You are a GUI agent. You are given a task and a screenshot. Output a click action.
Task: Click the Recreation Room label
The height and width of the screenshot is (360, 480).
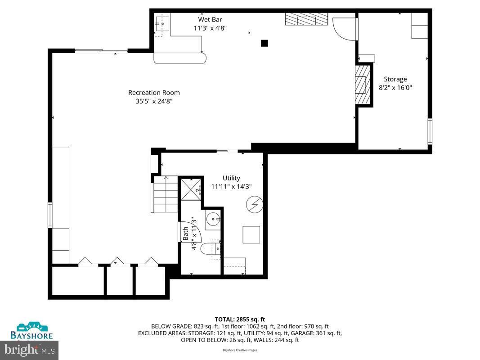154,93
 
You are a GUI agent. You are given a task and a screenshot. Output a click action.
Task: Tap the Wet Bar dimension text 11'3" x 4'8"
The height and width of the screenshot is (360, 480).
210,28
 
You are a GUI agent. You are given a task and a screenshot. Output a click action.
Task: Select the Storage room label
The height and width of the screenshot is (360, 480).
395,79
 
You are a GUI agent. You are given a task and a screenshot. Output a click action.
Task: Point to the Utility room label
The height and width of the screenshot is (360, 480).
231,178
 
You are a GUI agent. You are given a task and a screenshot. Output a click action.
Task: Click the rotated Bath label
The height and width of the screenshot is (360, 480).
185,234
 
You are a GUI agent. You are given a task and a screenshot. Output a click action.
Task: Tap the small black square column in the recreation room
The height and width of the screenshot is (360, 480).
265,43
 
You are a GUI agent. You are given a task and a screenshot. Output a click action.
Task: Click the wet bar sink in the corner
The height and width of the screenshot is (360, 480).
162,22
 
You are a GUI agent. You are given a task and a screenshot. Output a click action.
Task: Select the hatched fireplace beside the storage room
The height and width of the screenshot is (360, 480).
363,85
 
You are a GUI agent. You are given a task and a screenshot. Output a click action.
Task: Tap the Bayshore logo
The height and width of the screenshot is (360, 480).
32,330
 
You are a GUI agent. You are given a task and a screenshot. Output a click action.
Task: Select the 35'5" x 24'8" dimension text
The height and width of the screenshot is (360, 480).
154,101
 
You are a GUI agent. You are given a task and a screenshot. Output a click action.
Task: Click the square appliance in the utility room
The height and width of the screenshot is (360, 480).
251,234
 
